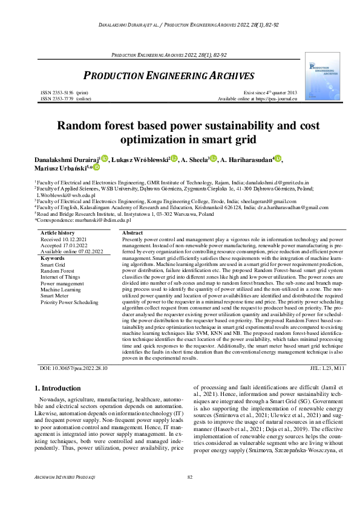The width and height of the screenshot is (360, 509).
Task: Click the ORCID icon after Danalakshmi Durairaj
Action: (104, 158)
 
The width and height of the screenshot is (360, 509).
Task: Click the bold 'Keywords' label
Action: (53, 258)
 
